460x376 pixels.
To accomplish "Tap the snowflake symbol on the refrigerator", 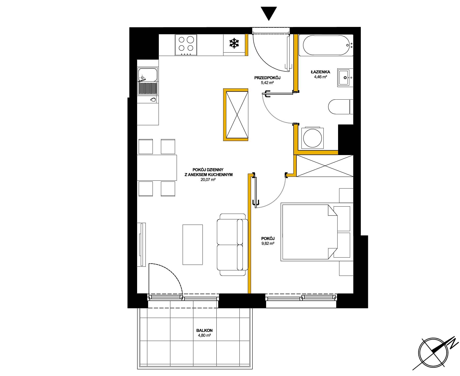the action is tap(234, 43).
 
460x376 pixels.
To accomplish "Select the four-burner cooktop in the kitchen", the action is tap(186, 45).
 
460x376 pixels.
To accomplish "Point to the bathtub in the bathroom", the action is tap(326, 45).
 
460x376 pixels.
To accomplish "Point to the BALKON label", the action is tap(204, 331).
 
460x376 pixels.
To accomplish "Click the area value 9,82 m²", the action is tap(268, 243).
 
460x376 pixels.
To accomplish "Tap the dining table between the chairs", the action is tap(157, 168).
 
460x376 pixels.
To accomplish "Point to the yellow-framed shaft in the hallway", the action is tap(235, 115).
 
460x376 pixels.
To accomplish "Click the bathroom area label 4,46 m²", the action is tap(321, 77).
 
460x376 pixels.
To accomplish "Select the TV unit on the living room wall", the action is tap(142, 245).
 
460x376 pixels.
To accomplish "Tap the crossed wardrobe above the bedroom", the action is tap(325, 166).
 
